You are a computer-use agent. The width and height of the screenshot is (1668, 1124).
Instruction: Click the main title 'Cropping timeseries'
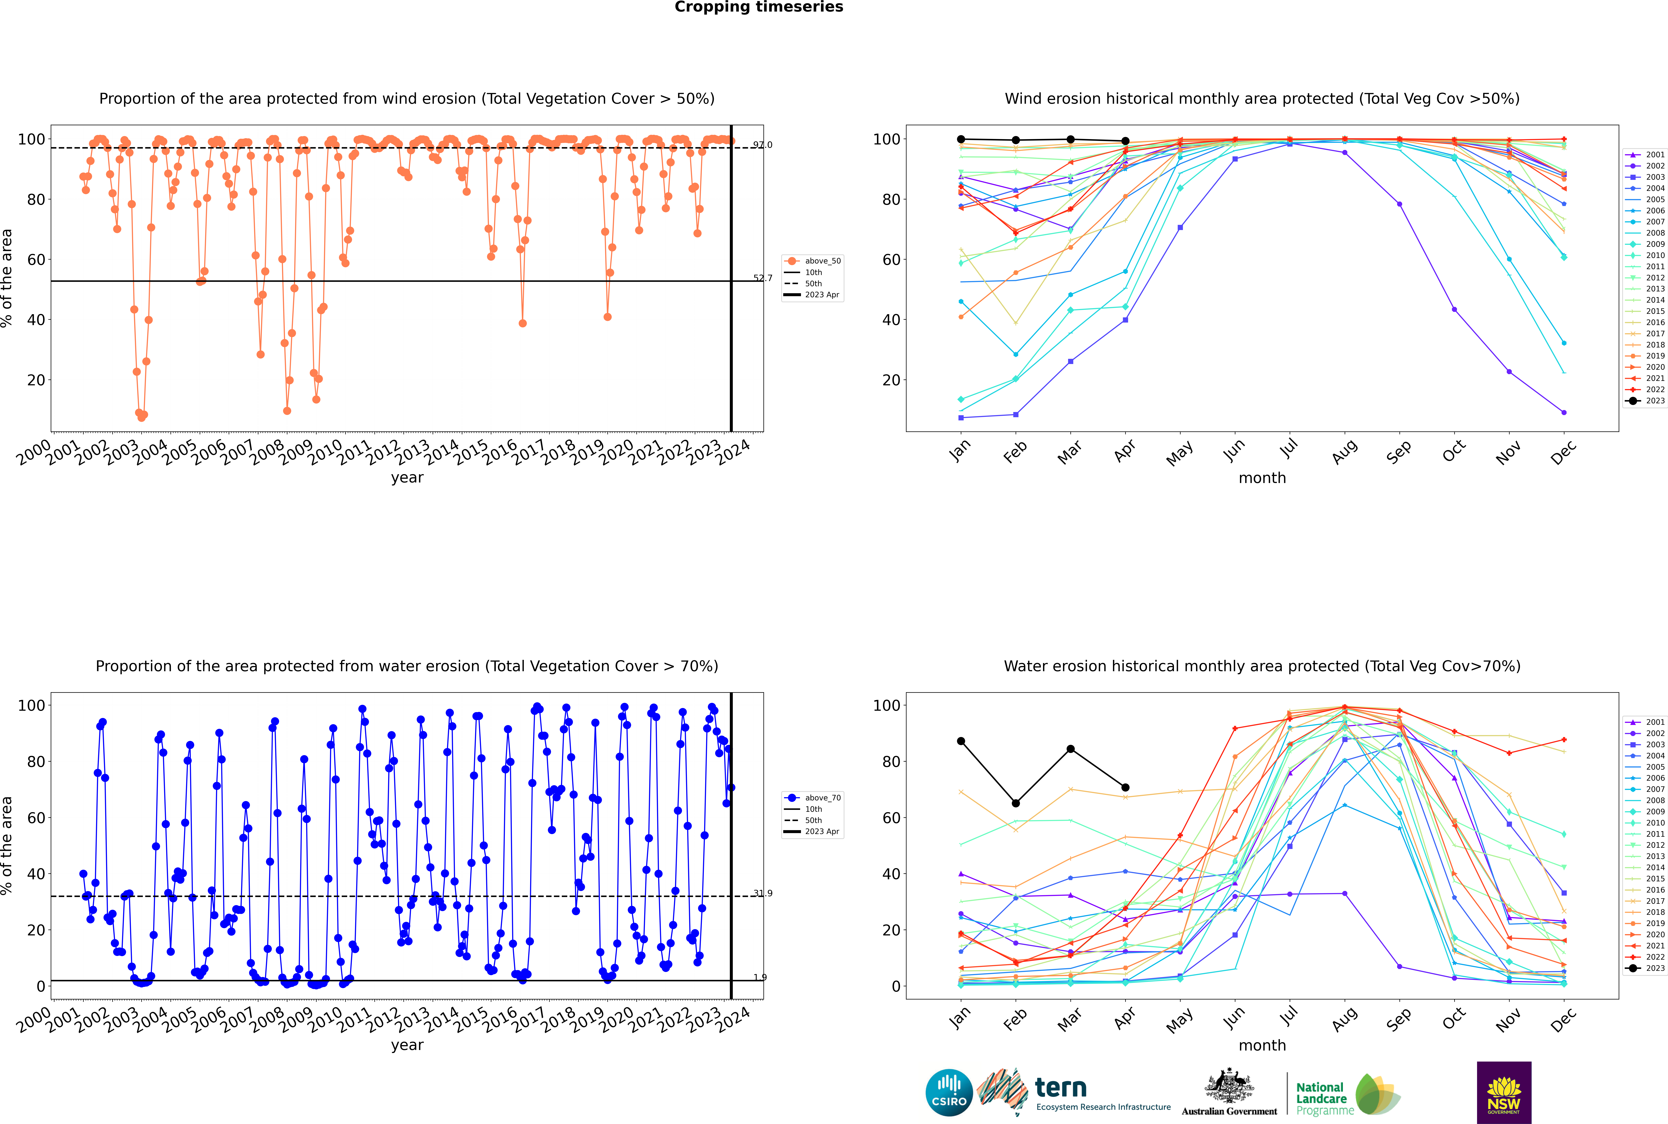(x=759, y=7)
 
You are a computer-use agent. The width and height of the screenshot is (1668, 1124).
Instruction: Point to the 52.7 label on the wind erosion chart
(x=762, y=278)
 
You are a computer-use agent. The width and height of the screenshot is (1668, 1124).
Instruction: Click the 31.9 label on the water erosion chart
(x=762, y=893)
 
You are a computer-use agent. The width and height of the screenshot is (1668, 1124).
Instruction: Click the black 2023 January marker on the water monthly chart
(x=961, y=741)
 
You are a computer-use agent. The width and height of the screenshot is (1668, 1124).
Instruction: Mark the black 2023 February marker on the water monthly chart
(x=1015, y=804)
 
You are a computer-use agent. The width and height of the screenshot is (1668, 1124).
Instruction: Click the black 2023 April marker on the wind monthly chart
(x=1125, y=141)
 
